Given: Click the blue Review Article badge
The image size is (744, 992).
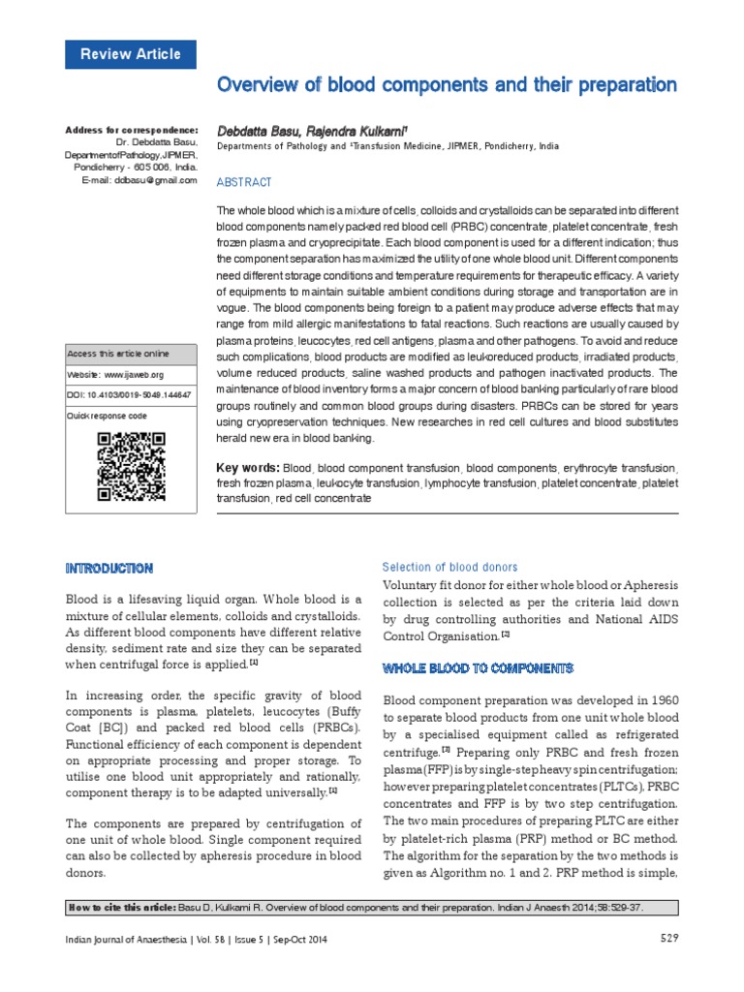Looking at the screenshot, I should (x=130, y=54).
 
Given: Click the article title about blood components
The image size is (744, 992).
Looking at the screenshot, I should (x=447, y=85).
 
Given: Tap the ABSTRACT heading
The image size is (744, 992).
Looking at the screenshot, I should (x=244, y=182).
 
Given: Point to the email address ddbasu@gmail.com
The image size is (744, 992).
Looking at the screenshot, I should (x=156, y=180).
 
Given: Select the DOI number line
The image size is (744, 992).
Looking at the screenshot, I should (x=129, y=395).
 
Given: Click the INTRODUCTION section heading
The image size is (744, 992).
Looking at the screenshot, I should (x=108, y=568).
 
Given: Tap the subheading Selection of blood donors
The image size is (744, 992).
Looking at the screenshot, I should (x=449, y=567).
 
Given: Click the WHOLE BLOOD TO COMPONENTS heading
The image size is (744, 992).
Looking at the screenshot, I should (x=479, y=668).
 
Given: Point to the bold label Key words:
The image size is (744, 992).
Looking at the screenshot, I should (x=248, y=468).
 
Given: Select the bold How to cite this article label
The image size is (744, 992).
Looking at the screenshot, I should (x=121, y=907).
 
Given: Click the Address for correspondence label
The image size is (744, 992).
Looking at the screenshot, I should (x=132, y=130).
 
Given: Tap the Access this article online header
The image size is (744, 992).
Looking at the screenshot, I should (x=117, y=354).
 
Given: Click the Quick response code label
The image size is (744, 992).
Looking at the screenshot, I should (x=107, y=415).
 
